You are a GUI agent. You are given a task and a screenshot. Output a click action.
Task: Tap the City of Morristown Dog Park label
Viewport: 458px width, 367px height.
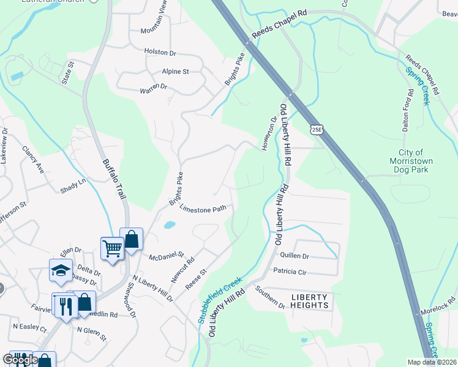[x=411, y=161]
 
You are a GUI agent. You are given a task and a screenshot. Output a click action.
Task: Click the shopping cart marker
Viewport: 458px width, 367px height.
[x=112, y=249]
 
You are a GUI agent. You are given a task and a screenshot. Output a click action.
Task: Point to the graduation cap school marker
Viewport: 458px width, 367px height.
[x=61, y=270]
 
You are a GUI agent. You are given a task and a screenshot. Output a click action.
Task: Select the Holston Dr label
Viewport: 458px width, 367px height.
[x=160, y=52]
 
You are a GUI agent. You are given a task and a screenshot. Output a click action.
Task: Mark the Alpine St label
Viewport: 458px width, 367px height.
[x=175, y=72]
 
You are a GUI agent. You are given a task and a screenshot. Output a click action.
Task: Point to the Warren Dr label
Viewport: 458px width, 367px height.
[x=154, y=87]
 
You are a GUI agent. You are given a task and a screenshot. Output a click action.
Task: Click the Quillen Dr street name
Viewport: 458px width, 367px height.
[x=295, y=256]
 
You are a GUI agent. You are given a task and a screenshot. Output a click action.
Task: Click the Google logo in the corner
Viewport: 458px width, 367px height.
[x=20, y=360]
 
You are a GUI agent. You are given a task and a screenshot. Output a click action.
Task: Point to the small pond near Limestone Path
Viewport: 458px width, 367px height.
[x=168, y=225]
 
